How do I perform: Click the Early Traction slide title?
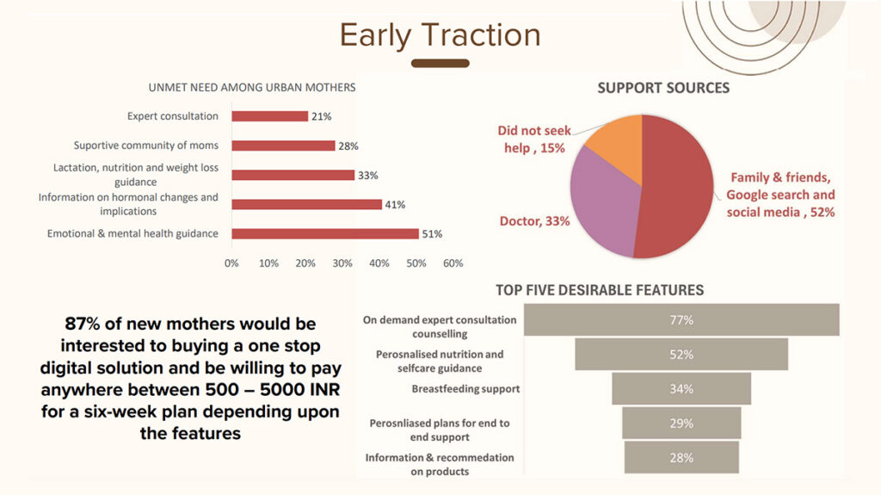(440, 35)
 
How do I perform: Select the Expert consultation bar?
(269, 116)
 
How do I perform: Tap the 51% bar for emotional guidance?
(325, 233)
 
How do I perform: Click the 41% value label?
(395, 205)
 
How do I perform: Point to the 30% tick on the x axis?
(342, 263)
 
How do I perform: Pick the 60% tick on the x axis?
(453, 263)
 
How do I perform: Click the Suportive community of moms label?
(146, 145)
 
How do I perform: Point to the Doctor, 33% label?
(534, 221)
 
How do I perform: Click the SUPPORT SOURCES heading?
(663, 88)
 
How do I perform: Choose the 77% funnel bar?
(681, 320)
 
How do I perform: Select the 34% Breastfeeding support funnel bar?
(681, 389)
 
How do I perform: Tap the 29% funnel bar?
(681, 423)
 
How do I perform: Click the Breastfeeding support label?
(465, 389)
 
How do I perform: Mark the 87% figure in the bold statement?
(83, 324)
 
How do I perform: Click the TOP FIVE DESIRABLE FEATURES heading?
(600, 290)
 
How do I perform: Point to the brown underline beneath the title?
(440, 64)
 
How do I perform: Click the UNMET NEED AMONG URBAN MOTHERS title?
(252, 88)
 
